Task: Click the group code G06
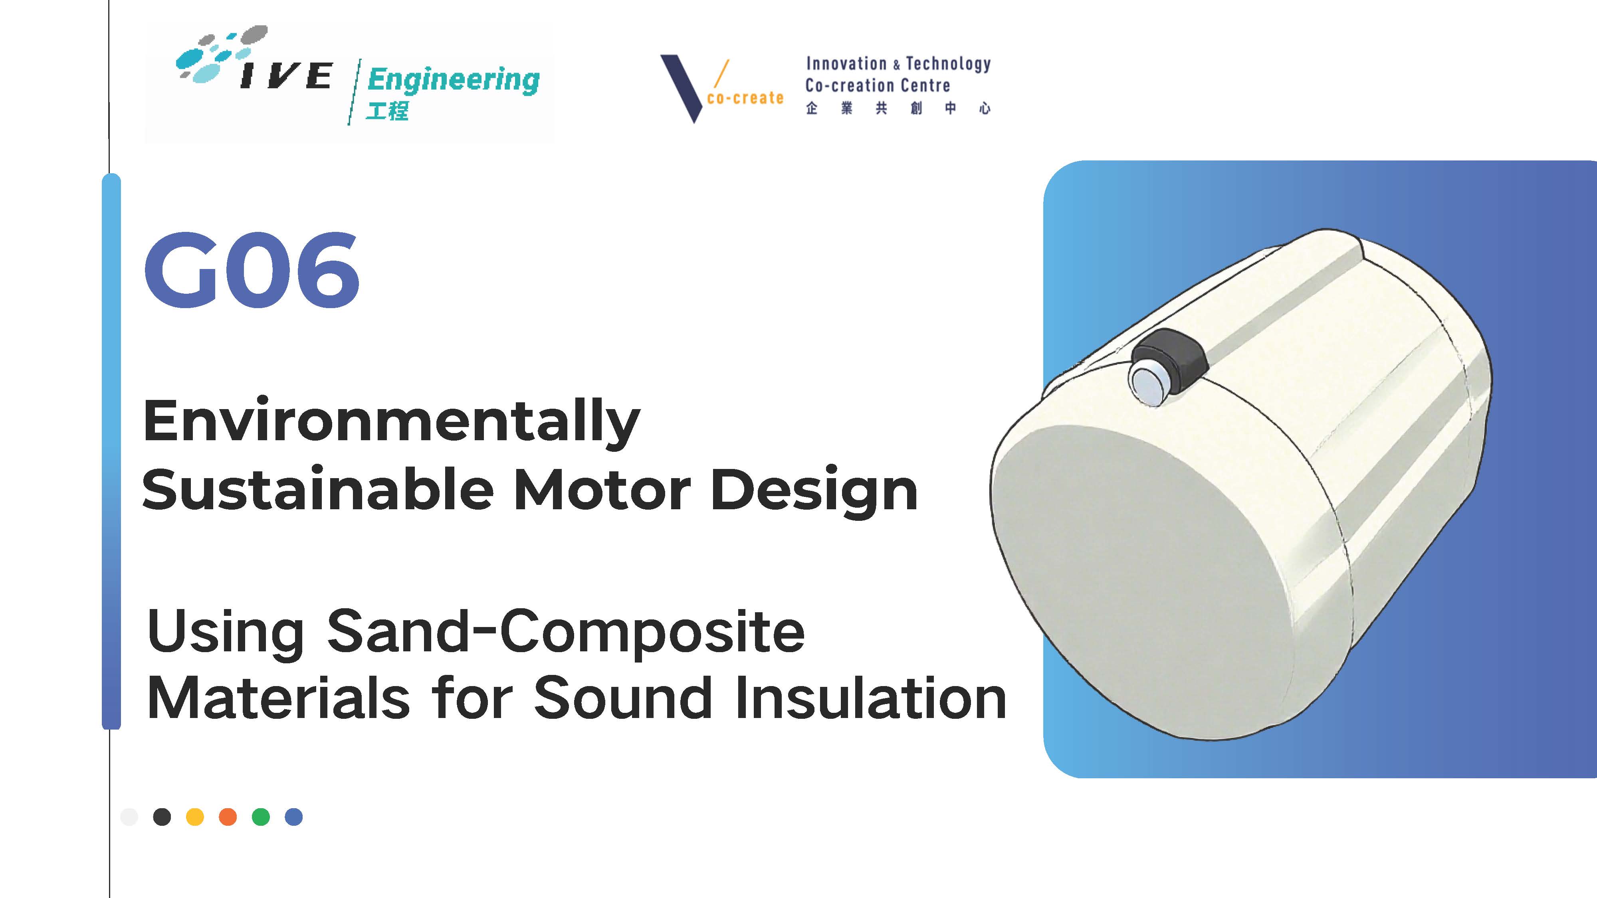click(x=252, y=270)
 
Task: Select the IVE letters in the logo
click(x=286, y=75)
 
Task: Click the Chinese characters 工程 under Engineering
click(x=387, y=111)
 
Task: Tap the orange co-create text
click(x=745, y=98)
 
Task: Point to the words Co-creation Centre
click(x=877, y=85)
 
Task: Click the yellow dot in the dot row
click(x=195, y=817)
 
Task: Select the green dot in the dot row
click(x=261, y=817)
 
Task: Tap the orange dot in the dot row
click(x=228, y=817)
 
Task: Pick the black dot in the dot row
click(x=162, y=817)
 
